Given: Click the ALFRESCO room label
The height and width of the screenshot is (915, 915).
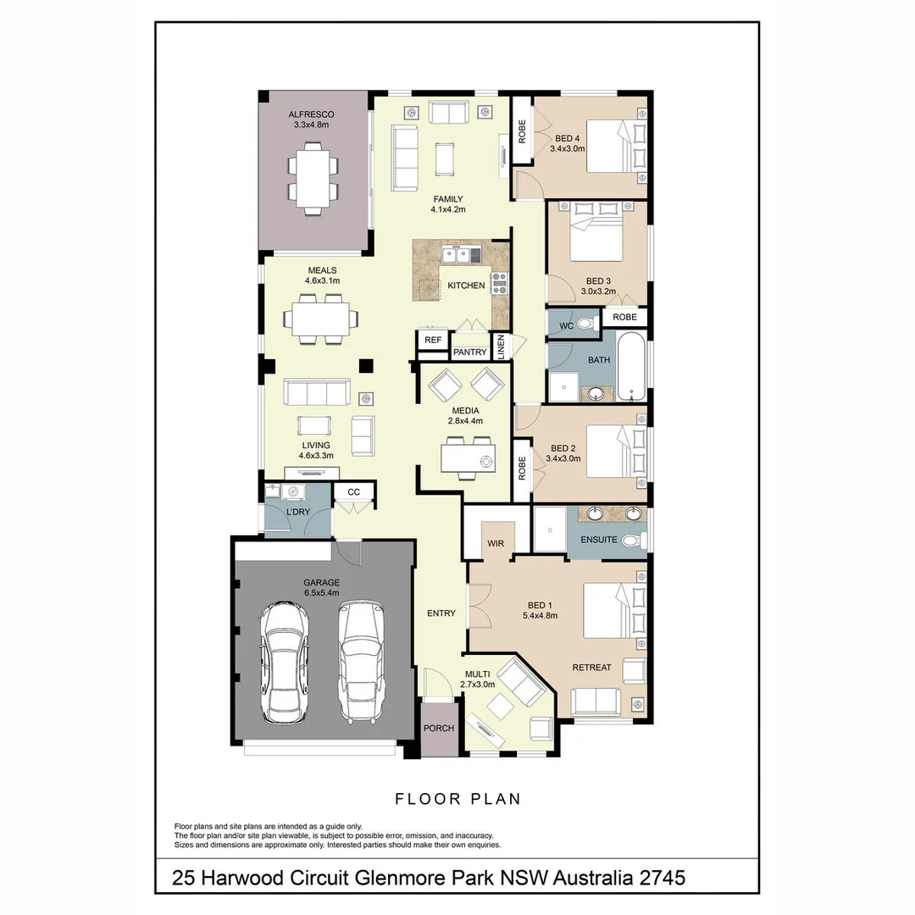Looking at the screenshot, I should pos(311,114).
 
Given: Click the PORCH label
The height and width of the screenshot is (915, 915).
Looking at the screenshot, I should pos(439,728).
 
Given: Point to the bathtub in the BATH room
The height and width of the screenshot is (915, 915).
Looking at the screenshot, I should pos(631,368).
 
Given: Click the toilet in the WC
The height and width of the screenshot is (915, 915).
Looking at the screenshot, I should pos(585,323).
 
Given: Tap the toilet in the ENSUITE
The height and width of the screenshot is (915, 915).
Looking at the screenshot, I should pos(630,541).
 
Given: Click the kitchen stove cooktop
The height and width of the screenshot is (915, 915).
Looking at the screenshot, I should pos(499,284).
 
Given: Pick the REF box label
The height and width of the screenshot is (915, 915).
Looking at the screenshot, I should pos(433,340).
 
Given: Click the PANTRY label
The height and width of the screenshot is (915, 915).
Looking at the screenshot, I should pos(469,352).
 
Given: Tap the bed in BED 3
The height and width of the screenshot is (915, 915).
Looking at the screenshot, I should pos(596,234).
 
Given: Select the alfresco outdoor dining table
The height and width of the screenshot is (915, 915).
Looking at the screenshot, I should pos(312,180).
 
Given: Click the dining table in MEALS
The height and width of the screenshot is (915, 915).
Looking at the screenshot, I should pos(320,319).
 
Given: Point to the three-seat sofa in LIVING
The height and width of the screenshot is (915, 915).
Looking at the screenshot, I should pos(317,392).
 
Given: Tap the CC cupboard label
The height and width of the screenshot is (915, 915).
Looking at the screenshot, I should pos(353,491).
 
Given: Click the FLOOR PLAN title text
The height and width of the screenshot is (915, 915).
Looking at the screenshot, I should pos(457,799).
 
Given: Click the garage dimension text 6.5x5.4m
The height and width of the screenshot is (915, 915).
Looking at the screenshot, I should pos(321,593).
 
